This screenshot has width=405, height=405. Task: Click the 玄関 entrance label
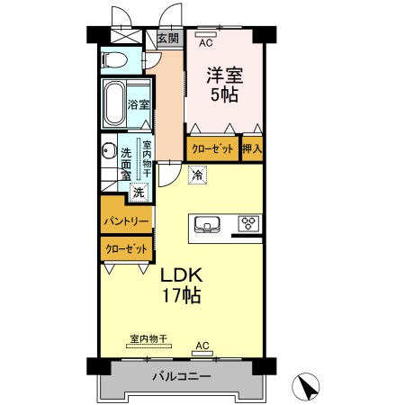click(168, 38)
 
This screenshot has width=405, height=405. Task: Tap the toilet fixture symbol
click(114, 60)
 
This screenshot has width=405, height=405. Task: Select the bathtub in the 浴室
click(114, 103)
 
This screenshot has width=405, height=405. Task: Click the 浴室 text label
click(139, 104)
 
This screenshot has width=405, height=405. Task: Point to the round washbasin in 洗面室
click(109, 150)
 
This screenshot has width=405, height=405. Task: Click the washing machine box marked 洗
click(139, 192)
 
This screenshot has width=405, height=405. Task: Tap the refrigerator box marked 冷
click(197, 175)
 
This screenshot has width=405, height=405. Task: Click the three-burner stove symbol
click(248, 223)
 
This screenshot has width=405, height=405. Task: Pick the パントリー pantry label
click(126, 221)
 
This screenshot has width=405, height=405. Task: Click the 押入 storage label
click(252, 148)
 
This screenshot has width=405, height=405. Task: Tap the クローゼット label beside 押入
click(212, 148)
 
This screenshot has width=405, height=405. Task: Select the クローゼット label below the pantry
click(127, 248)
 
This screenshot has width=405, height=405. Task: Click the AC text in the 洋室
click(206, 43)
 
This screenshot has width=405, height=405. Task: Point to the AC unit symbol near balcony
click(202, 354)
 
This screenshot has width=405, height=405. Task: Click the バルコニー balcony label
click(182, 376)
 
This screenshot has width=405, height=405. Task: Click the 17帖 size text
click(182, 295)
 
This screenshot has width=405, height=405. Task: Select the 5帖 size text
click(224, 94)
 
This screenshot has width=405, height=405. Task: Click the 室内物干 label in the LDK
click(148, 338)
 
